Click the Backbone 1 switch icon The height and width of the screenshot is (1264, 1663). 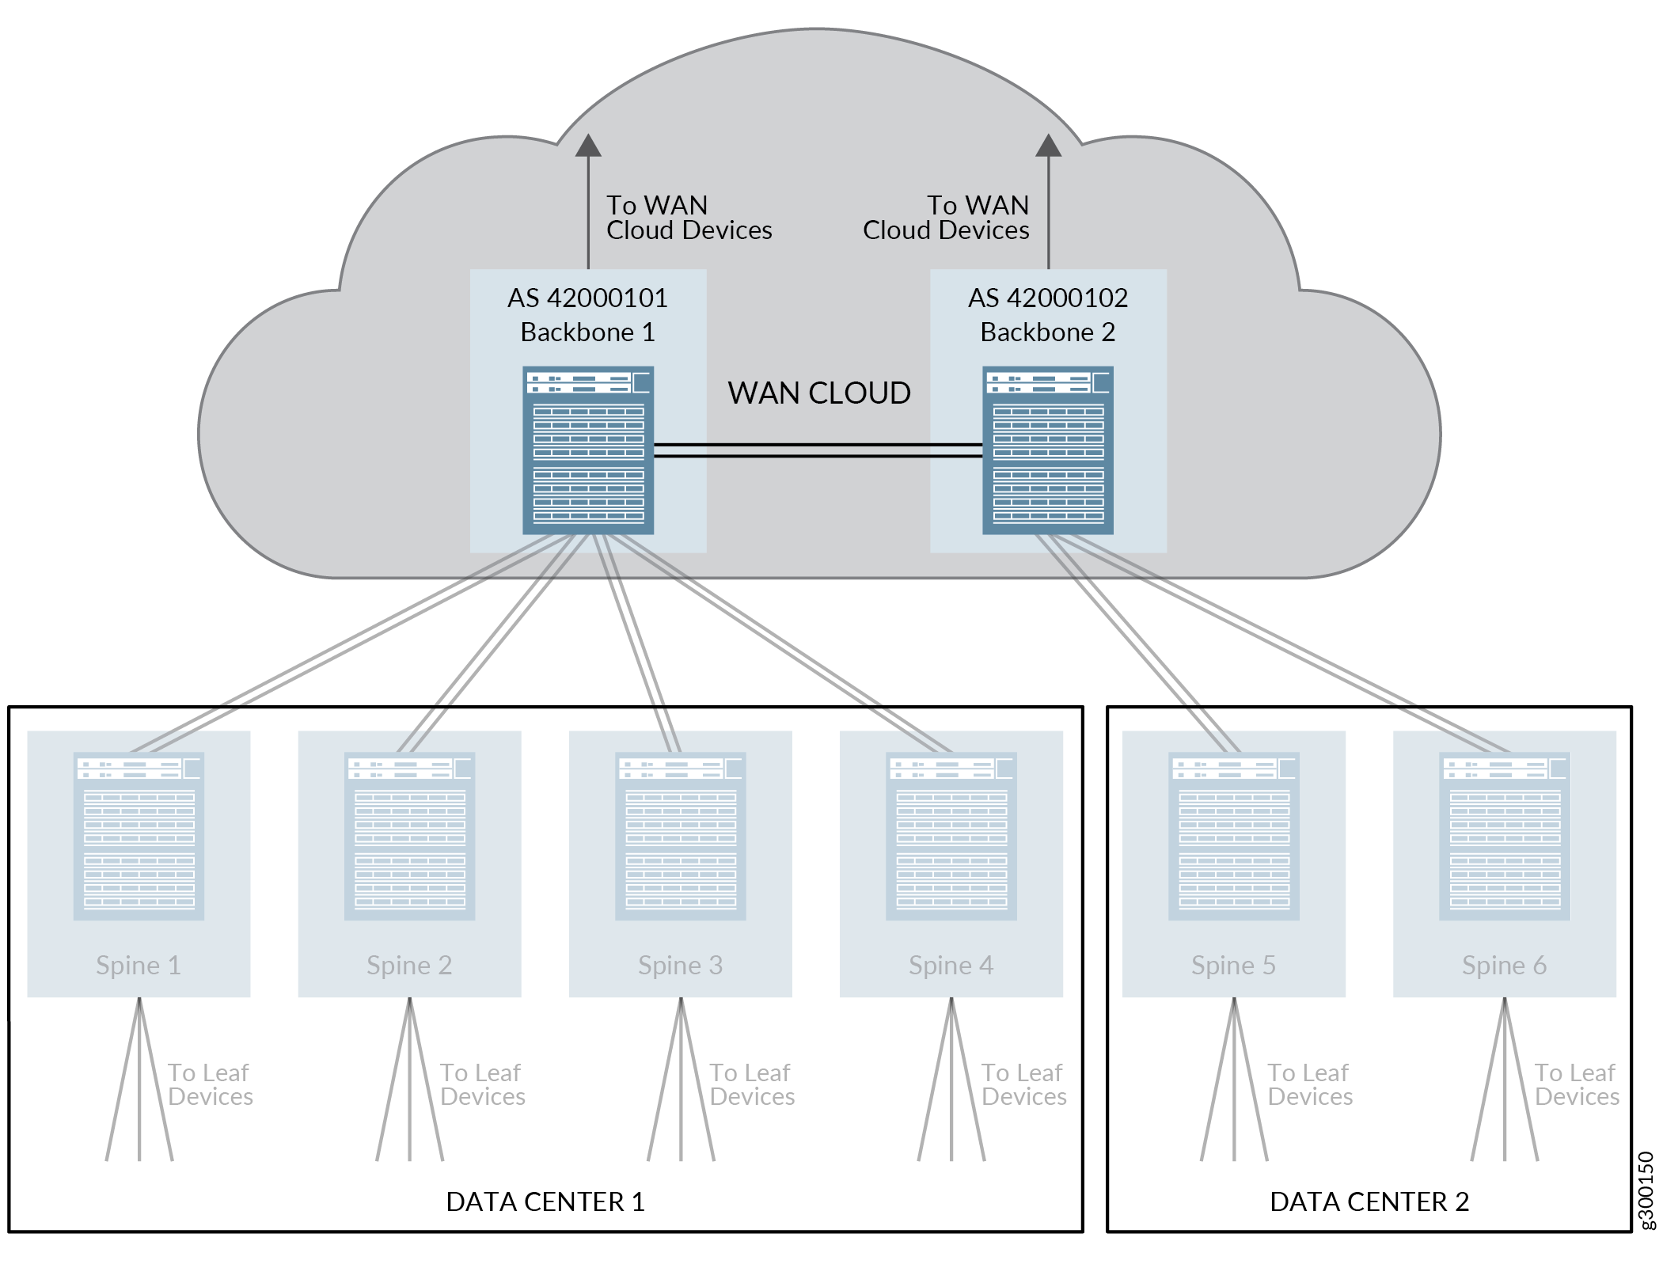point(588,450)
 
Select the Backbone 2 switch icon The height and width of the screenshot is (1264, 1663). point(1047,450)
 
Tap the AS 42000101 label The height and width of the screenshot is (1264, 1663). point(587,298)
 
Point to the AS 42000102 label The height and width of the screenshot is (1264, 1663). point(1047,298)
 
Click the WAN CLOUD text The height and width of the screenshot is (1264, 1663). point(819,393)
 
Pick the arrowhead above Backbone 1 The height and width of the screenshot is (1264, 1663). point(588,146)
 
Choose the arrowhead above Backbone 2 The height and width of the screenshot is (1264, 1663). point(1048,146)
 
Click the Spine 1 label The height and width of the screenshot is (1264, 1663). point(139,966)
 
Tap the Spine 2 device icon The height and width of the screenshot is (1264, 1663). point(409,836)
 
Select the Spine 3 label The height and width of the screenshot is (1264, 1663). point(681,966)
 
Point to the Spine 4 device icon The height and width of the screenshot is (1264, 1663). point(951,836)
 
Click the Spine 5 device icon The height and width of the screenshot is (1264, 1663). point(1234,836)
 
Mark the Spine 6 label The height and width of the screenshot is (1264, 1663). point(1504,966)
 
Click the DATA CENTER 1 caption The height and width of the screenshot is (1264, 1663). point(545,1202)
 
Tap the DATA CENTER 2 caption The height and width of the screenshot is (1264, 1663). point(1369,1202)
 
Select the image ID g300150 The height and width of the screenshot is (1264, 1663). point(1646,1190)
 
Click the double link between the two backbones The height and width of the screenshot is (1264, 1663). point(818,450)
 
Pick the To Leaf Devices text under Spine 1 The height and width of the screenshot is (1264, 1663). point(210,1084)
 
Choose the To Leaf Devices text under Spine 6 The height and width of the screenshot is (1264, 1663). point(1577,1084)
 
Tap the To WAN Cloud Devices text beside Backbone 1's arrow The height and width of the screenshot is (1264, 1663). point(689,218)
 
